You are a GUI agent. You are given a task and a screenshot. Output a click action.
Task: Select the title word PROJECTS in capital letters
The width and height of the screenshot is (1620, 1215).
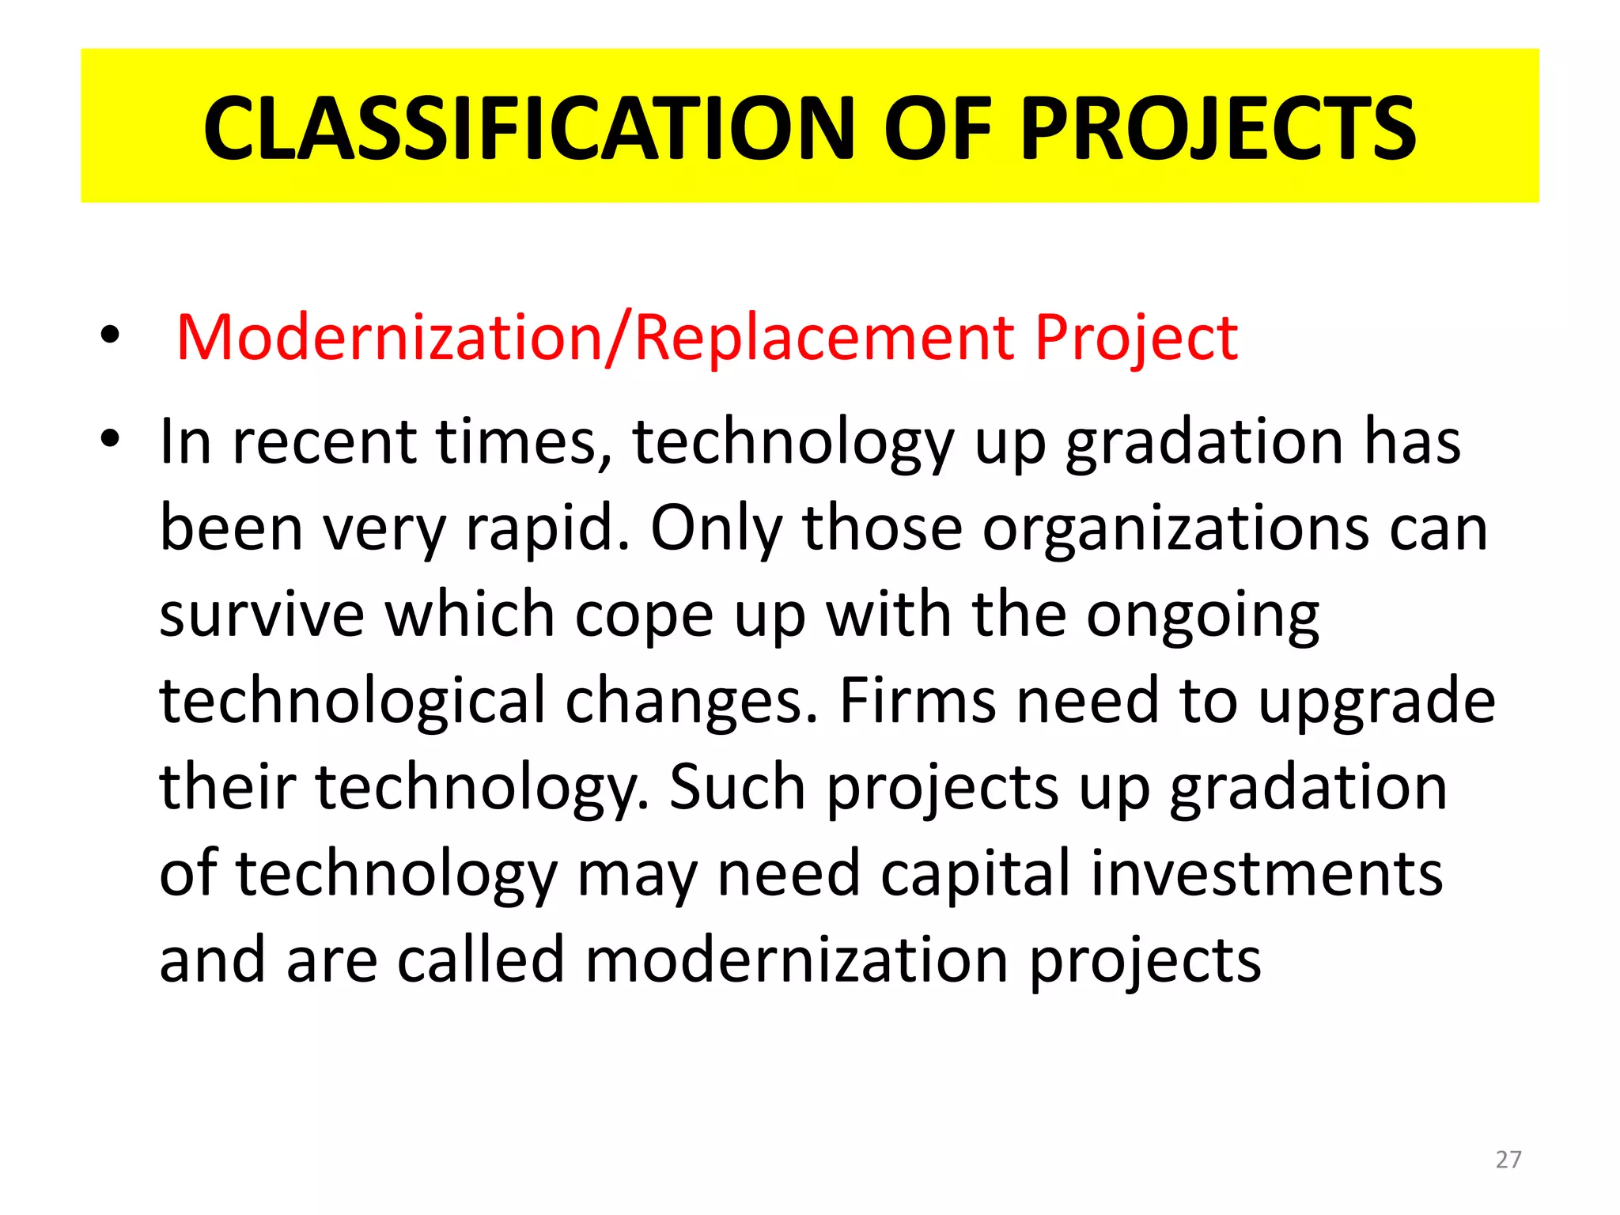coord(1218,128)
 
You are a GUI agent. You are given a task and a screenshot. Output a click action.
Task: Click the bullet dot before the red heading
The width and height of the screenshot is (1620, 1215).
coord(110,335)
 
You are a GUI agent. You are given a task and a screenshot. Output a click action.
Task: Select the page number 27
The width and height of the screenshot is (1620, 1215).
coord(1508,1160)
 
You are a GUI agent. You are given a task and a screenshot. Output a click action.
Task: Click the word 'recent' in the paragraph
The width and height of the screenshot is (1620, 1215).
coord(324,441)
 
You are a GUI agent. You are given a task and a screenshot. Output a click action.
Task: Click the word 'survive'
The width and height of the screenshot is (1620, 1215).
coord(262,615)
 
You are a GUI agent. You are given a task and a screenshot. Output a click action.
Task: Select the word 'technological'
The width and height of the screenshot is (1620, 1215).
coord(352,702)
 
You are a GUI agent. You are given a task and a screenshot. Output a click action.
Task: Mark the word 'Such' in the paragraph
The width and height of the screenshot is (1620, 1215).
coord(736,787)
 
